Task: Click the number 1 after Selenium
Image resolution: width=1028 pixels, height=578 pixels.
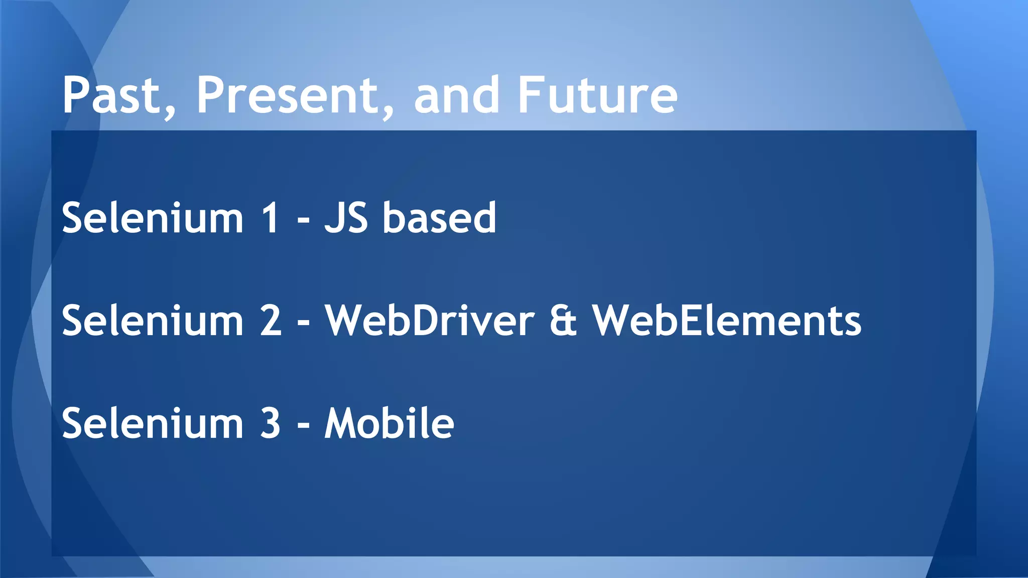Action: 271,218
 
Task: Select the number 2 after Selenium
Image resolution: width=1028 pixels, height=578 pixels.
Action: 271,321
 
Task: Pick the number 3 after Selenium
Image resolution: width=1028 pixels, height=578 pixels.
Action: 271,423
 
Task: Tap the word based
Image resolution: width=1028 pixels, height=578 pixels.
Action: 439,218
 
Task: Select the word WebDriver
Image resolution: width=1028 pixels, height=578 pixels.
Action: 430,321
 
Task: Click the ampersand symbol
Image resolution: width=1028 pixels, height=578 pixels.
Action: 563,322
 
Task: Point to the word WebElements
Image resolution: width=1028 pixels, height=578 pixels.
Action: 727,321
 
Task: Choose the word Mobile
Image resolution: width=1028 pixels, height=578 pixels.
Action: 389,423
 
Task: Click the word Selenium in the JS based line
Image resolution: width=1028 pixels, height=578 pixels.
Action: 153,218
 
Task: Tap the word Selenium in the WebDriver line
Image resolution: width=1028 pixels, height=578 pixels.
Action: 153,321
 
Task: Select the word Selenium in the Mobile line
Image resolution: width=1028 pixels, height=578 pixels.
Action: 153,423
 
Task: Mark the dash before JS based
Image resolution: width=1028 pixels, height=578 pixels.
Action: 303,221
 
